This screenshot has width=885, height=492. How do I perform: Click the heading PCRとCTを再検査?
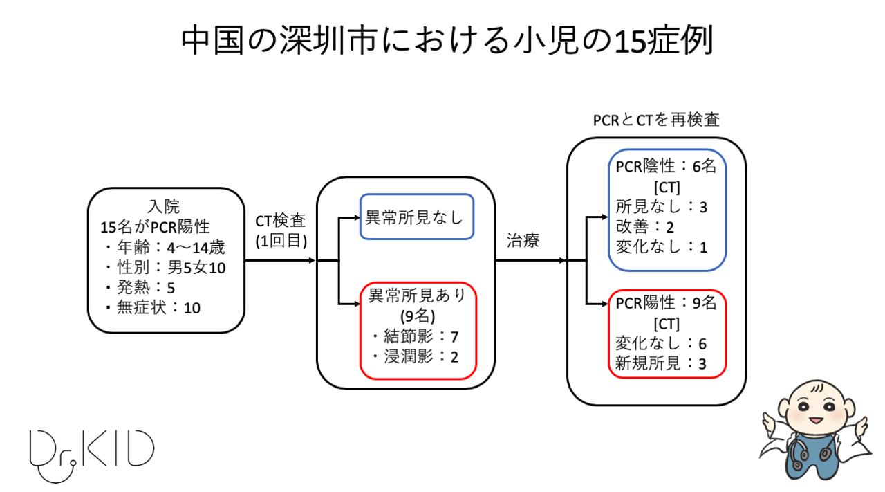tap(656, 120)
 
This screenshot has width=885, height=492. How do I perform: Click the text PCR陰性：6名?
tap(667, 167)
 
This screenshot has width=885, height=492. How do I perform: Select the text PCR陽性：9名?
tap(667, 304)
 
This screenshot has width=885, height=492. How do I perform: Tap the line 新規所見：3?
tap(660, 364)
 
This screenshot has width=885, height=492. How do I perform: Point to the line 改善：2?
tap(644, 227)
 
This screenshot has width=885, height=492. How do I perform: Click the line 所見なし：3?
tap(661, 207)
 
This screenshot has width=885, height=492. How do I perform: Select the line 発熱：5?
tap(142, 287)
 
